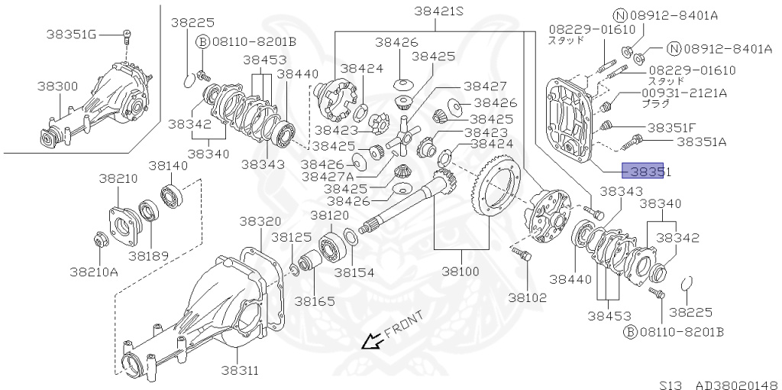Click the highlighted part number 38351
click(x=646, y=173)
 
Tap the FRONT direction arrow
click(x=374, y=340)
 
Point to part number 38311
click(x=241, y=371)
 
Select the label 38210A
click(x=94, y=271)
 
